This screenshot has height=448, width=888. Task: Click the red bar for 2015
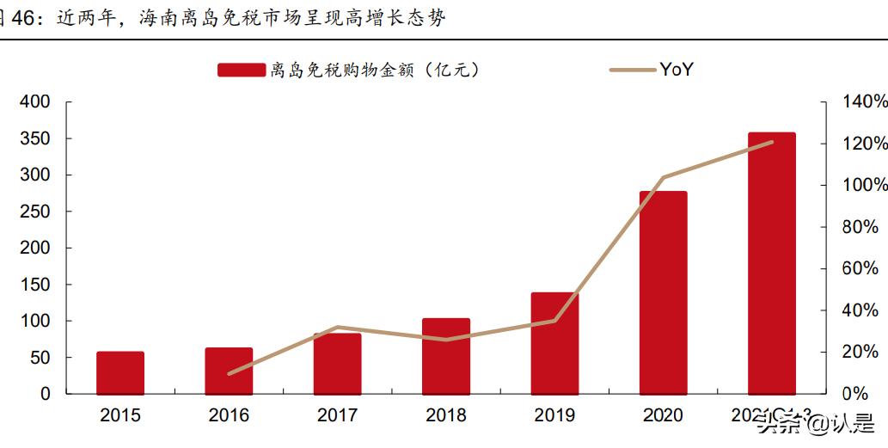pos(120,372)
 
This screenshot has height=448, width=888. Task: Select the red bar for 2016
pos(229,371)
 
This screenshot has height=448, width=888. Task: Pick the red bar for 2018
pos(445,356)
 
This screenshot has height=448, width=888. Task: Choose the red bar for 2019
pos(554,343)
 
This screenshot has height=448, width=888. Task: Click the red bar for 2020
pos(663,292)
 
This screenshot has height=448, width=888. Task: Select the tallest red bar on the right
pos(771,263)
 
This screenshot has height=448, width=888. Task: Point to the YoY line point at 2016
pos(230,374)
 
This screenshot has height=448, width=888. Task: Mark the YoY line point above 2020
pos(663,178)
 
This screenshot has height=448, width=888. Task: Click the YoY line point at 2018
pos(445,340)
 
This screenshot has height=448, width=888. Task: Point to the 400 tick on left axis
pos(35,102)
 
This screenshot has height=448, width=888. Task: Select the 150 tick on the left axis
pos(35,285)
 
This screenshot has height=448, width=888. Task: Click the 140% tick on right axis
pos(865,102)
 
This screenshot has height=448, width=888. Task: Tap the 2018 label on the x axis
pos(445,416)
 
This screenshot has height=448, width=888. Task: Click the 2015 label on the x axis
pos(120,416)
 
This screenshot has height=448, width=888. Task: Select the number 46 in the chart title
pos(21,17)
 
